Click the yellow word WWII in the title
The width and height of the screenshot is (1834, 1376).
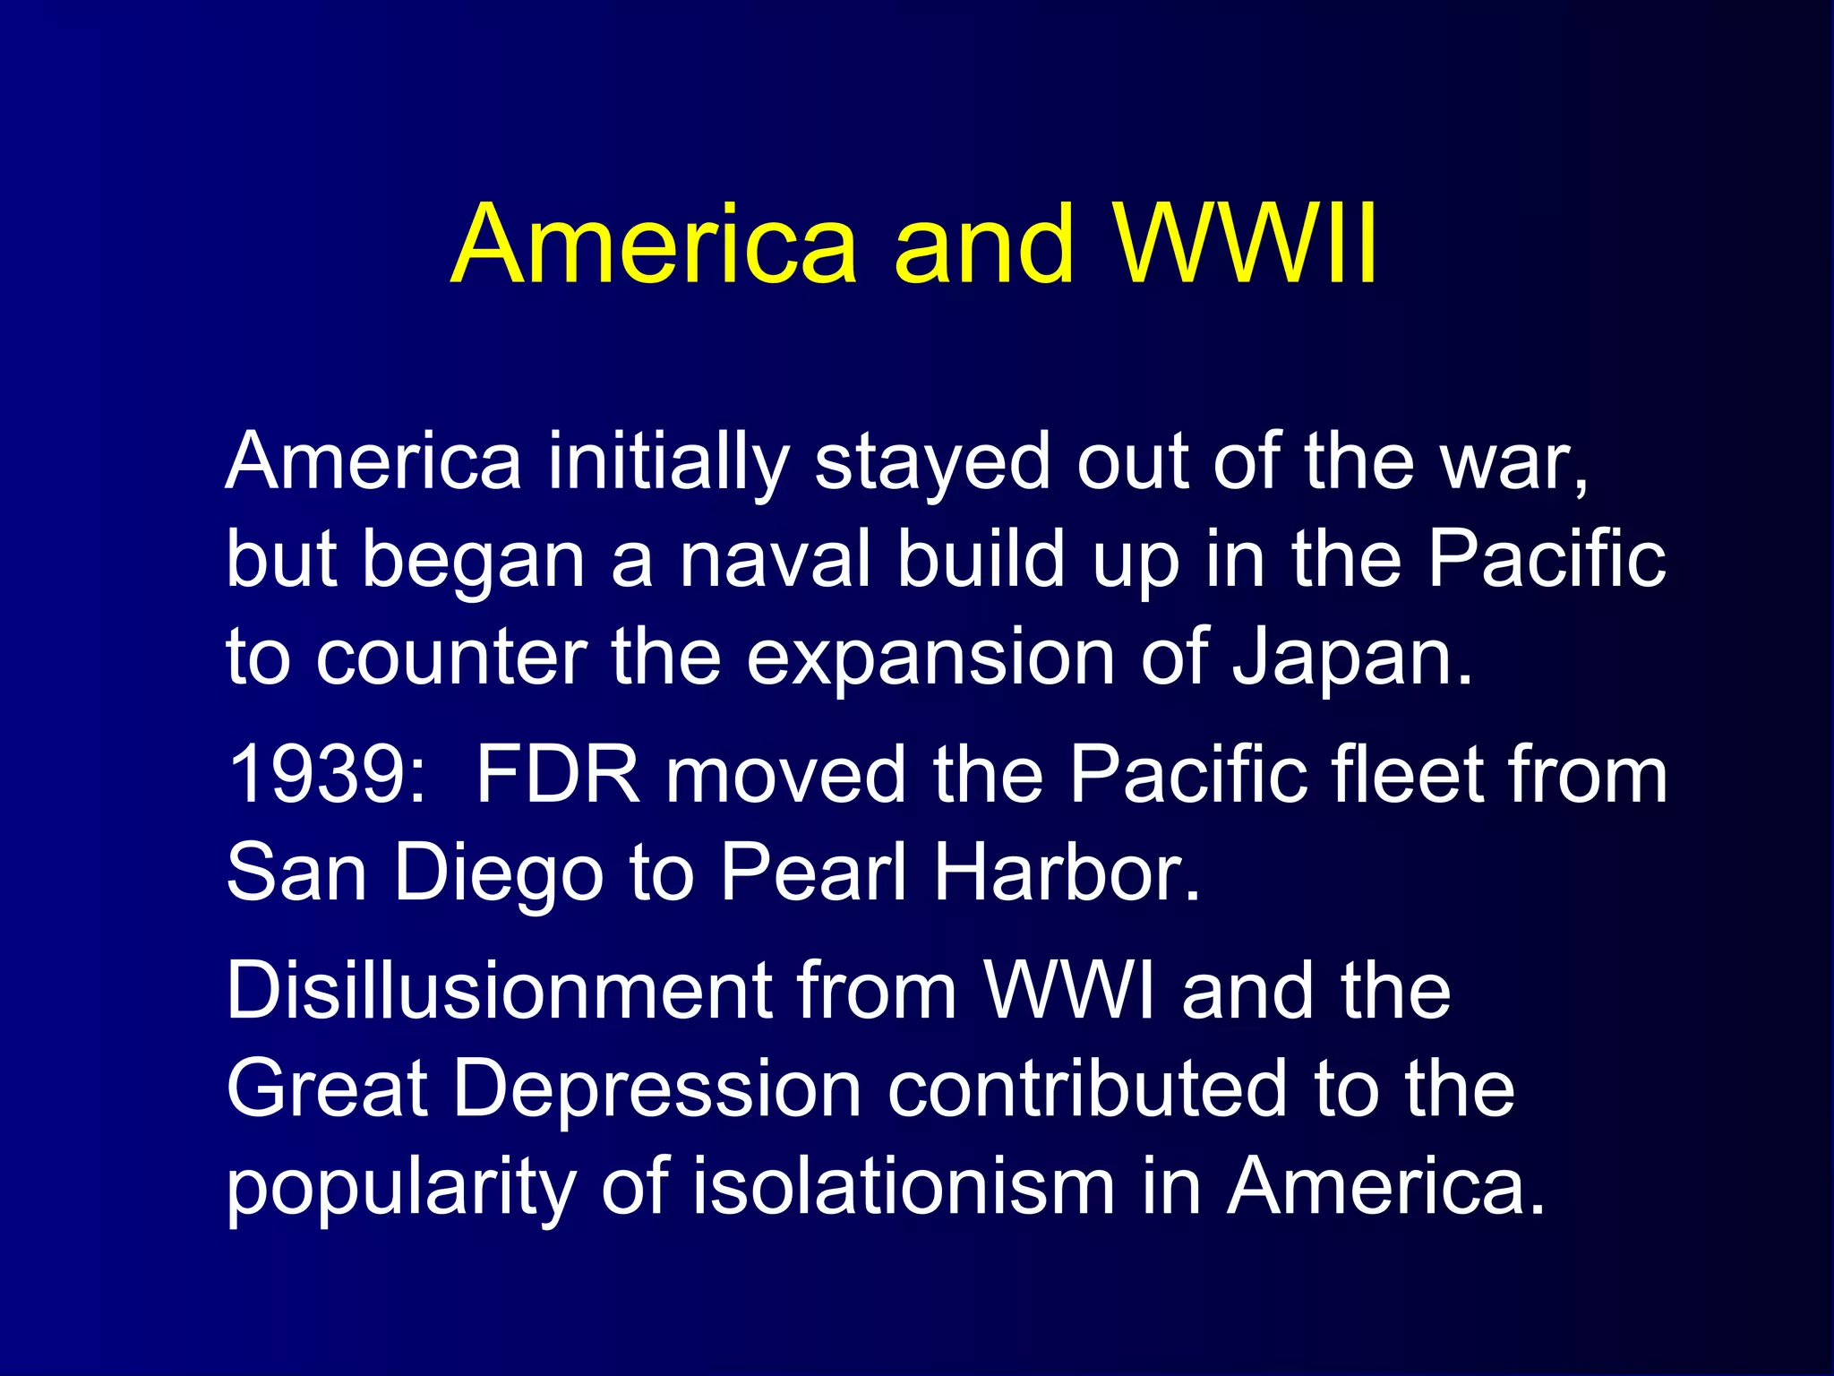point(1245,244)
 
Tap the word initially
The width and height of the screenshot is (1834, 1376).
point(667,462)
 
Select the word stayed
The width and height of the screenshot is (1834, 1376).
point(931,462)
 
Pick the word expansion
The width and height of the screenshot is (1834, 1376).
point(930,658)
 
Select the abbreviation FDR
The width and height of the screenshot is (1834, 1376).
point(557,774)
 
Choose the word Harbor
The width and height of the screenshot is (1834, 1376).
point(1066,873)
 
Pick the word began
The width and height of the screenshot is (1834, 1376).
point(472,561)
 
